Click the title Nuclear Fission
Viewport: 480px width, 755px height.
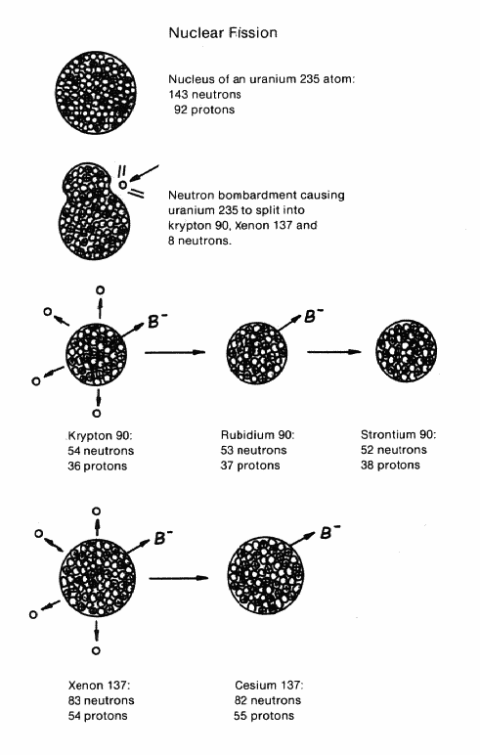point(223,32)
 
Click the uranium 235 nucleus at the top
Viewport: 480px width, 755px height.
point(96,93)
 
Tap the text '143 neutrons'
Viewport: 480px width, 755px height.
point(204,94)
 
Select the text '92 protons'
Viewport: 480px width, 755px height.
point(204,110)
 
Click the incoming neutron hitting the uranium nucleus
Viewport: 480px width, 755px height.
point(123,185)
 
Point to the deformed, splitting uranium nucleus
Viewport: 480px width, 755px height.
point(94,211)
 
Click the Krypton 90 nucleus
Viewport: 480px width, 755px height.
point(96,354)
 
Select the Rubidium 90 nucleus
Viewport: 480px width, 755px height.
point(256,352)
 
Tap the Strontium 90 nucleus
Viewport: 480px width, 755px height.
point(406,351)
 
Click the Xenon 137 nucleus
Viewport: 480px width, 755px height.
point(98,577)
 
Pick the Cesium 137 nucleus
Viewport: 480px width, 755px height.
point(265,575)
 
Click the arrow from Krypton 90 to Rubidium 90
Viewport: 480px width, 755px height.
point(175,352)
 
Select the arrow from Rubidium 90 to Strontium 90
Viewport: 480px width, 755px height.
point(334,352)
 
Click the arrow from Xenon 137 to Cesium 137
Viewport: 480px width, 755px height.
point(179,578)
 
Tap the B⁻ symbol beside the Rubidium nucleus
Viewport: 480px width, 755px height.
point(314,316)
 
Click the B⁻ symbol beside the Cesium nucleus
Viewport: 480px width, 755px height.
point(329,533)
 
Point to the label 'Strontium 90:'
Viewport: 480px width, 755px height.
point(399,435)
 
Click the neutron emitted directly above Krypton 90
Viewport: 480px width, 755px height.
point(100,289)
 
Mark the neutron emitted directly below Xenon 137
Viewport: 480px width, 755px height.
point(96,650)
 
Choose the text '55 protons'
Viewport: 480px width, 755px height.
point(264,716)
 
